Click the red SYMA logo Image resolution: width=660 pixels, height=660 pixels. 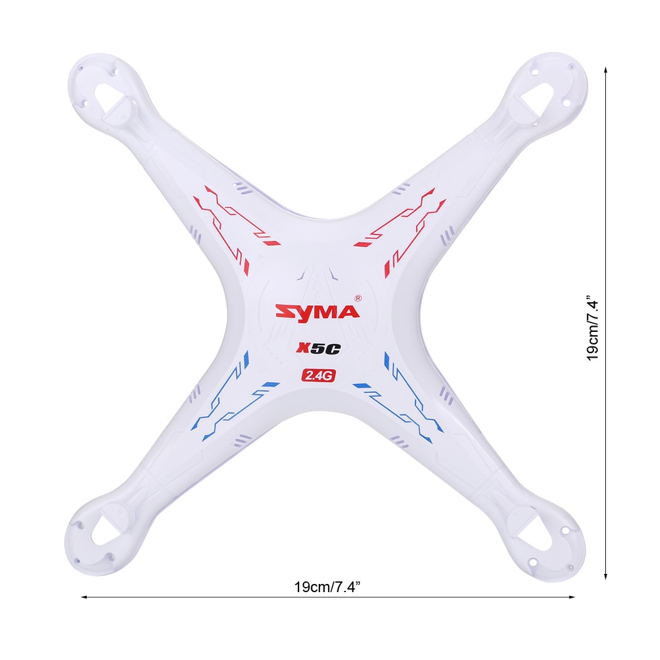coord(317,312)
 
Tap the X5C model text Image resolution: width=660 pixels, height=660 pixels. coord(318,348)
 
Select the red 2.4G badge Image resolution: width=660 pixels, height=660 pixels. coord(318,375)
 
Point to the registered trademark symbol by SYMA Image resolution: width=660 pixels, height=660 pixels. coord(358,298)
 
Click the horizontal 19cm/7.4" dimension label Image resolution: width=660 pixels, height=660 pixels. coord(327,586)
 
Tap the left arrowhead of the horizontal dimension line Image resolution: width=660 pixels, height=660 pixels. coord(84,597)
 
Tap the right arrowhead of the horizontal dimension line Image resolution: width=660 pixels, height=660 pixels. coord(571,597)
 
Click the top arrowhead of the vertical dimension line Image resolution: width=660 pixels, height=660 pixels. coord(605,70)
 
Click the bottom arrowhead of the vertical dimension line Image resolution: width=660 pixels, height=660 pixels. coord(605,576)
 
